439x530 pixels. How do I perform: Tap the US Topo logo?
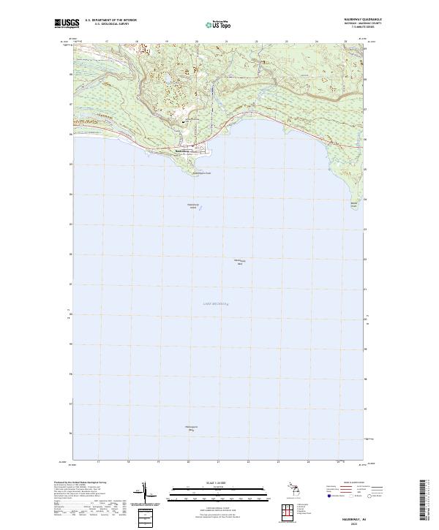pos(212,23)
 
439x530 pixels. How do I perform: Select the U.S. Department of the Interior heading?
pos(111,20)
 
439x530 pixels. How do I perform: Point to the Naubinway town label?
pos(183,151)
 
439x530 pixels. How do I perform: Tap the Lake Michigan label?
pos(215,303)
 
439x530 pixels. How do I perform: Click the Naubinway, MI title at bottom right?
pos(367,516)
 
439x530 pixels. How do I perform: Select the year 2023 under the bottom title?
pos(367,521)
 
